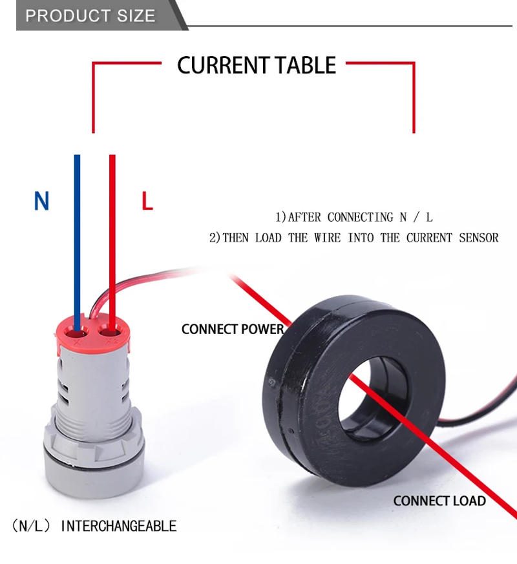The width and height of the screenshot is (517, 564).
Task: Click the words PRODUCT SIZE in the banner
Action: (90, 16)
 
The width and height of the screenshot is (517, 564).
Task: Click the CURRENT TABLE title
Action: (257, 65)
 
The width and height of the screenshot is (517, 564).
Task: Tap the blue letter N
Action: (41, 202)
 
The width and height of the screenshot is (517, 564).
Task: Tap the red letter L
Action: (147, 202)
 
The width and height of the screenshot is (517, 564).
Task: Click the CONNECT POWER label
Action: (233, 329)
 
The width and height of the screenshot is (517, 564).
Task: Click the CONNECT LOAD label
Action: (439, 501)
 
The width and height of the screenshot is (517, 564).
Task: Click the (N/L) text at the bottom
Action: (31, 526)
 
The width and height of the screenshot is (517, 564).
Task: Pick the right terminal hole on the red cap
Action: (111, 334)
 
